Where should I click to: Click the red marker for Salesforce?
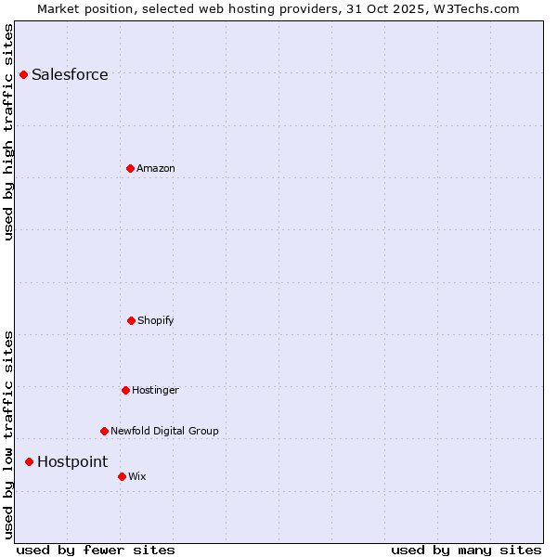click(x=23, y=74)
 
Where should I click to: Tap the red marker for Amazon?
click(x=130, y=168)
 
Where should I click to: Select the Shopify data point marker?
click(x=131, y=320)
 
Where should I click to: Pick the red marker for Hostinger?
click(x=125, y=390)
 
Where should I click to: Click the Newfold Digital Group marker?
click(x=104, y=431)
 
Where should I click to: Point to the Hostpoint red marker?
click(x=29, y=461)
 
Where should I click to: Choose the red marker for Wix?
click(x=122, y=476)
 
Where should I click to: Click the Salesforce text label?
click(x=70, y=75)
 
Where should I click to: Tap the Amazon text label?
click(x=156, y=169)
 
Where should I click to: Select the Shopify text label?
click(x=156, y=321)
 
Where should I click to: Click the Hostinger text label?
click(x=155, y=391)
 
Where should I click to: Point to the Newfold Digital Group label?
click(x=164, y=432)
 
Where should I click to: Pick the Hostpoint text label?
click(x=72, y=462)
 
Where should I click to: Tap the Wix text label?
click(x=137, y=477)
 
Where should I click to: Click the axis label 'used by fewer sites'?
click(x=96, y=550)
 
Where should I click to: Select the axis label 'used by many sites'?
click(x=466, y=550)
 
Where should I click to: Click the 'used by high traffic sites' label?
click(x=9, y=132)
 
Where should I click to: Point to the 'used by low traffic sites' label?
click(x=9, y=434)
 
